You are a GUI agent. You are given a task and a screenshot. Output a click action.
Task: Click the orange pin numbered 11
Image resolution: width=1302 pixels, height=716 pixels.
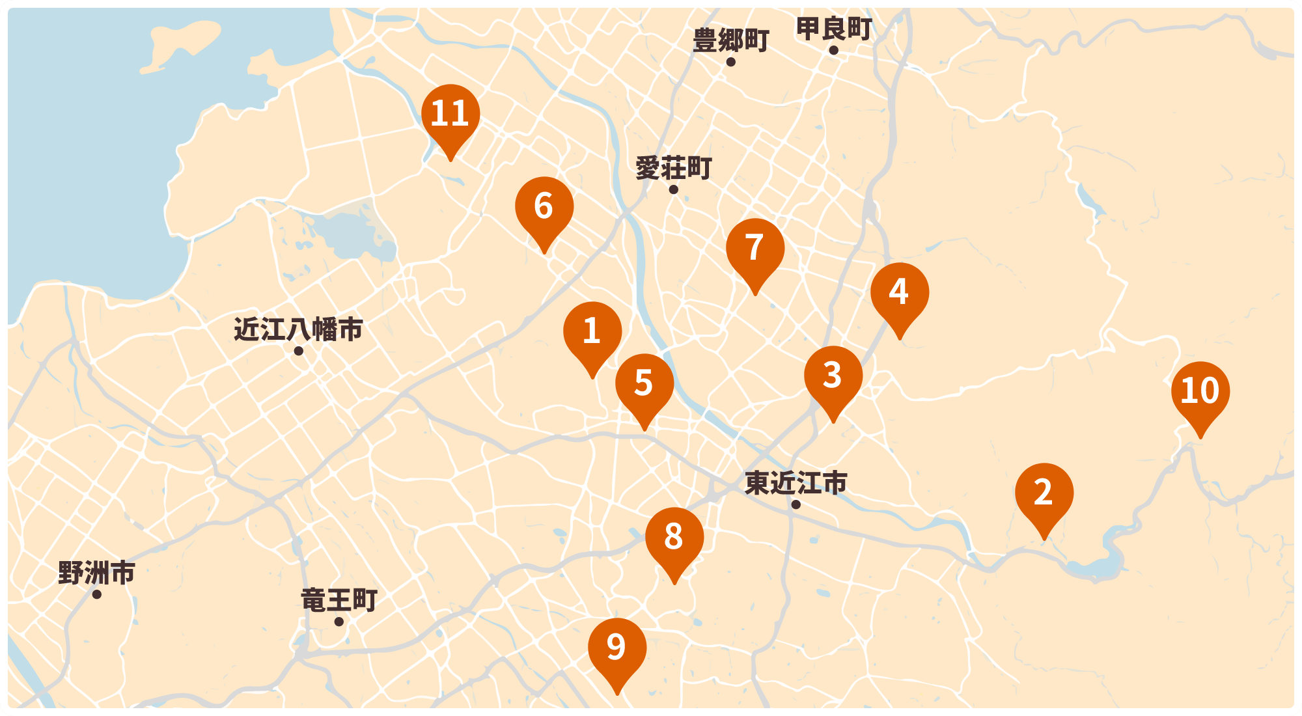450,115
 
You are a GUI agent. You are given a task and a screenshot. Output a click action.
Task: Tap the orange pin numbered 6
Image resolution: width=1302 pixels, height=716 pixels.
544,207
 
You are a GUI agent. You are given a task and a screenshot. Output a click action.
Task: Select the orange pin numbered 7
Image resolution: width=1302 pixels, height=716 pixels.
755,249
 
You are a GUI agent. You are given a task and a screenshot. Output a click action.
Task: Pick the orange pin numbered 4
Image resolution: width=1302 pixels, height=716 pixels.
900,293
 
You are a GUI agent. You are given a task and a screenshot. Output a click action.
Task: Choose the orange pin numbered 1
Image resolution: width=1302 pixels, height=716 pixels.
592,332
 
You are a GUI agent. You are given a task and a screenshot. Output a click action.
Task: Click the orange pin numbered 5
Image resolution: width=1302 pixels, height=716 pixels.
644,384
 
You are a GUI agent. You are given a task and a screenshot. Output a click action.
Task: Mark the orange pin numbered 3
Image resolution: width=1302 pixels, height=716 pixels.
833,376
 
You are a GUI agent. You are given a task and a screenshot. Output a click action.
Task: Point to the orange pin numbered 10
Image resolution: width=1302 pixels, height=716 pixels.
1200,392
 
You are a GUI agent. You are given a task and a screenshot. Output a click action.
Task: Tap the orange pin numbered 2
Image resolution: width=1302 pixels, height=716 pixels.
1044,493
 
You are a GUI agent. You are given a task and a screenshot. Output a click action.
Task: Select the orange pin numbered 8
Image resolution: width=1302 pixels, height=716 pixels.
674,538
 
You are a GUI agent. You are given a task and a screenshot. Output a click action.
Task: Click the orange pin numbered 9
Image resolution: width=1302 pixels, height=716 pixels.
617,648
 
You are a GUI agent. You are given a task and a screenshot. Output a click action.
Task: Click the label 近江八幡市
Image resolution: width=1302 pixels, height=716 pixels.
298,329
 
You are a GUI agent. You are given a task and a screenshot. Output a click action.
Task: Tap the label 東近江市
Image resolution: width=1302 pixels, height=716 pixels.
796,483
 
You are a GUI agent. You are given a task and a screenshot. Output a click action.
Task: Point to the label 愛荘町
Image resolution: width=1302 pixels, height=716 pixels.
673,169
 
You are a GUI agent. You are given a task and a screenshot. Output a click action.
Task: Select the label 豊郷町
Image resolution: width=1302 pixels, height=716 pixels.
730,40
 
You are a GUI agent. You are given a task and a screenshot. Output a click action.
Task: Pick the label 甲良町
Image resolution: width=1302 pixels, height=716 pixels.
833,29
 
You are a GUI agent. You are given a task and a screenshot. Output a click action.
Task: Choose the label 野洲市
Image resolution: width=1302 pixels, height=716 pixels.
96,573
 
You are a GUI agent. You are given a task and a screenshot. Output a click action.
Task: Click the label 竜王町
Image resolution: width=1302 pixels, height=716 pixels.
339,600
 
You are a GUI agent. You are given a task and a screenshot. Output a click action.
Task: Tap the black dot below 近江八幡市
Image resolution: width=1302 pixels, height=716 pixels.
299,351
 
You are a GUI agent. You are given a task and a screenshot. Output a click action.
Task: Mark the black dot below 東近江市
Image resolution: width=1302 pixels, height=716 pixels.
796,504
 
